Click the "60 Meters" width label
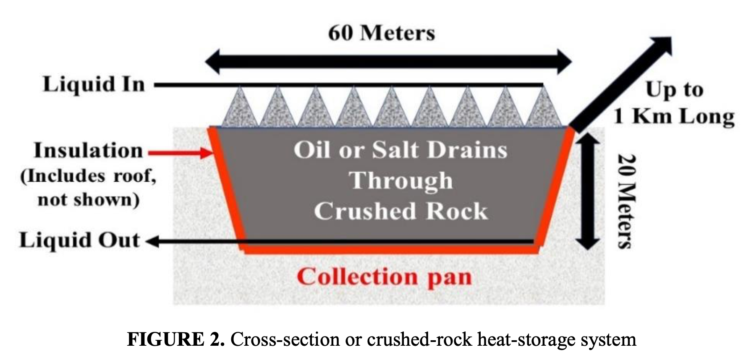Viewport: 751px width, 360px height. [381, 33]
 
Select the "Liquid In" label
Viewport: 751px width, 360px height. [94, 84]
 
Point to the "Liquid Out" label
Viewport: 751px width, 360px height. [80, 240]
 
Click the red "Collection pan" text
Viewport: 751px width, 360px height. [384, 277]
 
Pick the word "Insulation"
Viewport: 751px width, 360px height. [88, 150]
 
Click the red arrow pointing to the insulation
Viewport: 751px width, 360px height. [181, 153]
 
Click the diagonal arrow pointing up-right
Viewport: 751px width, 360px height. [621, 84]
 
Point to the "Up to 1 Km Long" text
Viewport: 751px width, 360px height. [674, 103]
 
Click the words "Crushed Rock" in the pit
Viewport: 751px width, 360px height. [401, 211]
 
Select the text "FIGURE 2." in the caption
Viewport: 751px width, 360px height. [175, 339]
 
